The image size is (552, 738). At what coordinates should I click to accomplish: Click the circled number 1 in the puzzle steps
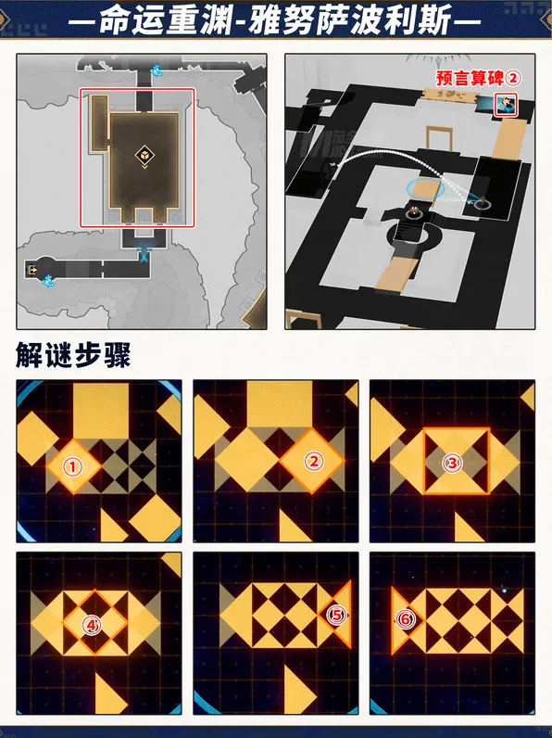coord(73,466)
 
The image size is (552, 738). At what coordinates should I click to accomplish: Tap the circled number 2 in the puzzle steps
coord(313,461)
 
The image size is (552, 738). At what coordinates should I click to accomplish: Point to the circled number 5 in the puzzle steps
coord(336,614)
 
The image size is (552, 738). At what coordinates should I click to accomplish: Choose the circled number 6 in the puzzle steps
coord(404,618)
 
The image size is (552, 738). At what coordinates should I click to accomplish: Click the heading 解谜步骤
coord(73,355)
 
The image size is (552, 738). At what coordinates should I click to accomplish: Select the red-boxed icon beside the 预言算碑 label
coord(508,105)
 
